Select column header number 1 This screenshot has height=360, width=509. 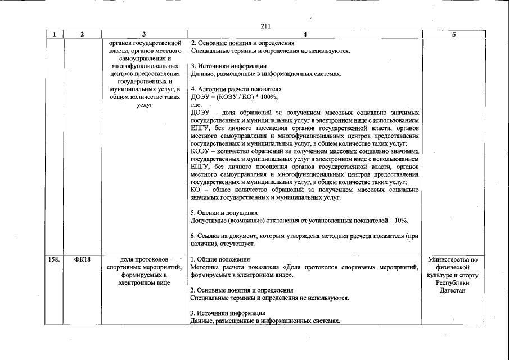tap(54, 34)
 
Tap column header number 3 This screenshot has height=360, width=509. tap(145, 34)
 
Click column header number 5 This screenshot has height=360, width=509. tap(453, 34)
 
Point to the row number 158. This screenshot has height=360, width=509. tap(53, 260)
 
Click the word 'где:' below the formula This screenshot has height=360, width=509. tap(197, 105)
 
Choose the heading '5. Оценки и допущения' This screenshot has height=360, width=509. tap(224, 213)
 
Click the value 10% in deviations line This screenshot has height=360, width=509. tap(401, 220)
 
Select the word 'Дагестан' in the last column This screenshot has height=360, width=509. tap(453, 291)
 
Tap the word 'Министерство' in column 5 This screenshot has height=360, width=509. tap(453, 260)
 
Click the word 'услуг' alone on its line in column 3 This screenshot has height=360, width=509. tap(145, 105)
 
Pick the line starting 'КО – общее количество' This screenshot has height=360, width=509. tap(304, 190)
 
